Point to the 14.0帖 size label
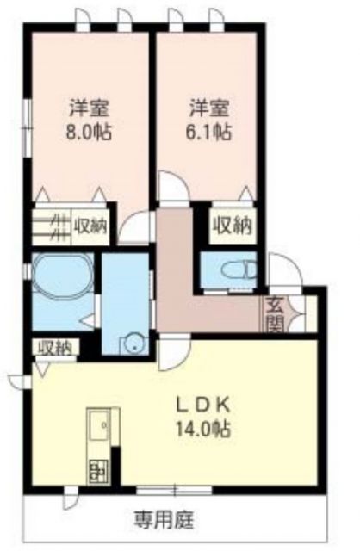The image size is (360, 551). pyautogui.click(x=204, y=429)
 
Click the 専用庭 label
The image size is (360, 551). pyautogui.click(x=163, y=519)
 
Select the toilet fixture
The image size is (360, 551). pyautogui.click(x=236, y=269)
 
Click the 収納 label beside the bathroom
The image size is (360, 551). pyautogui.click(x=55, y=348)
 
